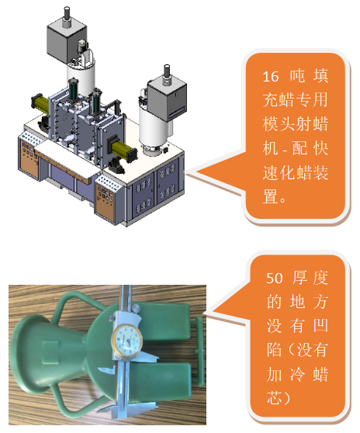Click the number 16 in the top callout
click(x=271, y=77)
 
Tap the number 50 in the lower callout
click(x=275, y=278)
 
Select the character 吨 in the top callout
click(x=298, y=76)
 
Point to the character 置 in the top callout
click(x=270, y=197)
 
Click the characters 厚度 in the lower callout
click(x=310, y=278)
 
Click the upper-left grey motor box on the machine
click(x=67, y=41)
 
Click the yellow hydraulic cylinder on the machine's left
click(x=41, y=102)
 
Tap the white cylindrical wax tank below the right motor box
click(x=153, y=130)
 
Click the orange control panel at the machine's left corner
click(x=29, y=158)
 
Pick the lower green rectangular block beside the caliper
click(x=162, y=386)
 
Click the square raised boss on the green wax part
click(x=50, y=352)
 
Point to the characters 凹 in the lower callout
click(x=320, y=326)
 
